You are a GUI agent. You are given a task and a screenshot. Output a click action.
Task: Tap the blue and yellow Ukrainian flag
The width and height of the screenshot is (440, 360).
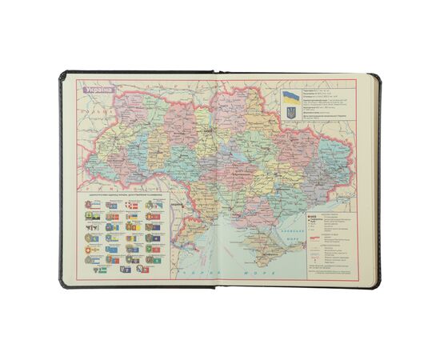coord(289,96)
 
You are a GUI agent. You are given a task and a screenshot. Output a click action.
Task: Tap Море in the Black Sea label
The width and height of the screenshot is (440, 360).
coord(264,274)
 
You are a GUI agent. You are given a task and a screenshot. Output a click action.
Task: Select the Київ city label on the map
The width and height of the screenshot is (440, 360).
coord(210,126)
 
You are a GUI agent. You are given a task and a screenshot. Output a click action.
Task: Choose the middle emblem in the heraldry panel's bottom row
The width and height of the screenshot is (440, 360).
coord(126,270)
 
